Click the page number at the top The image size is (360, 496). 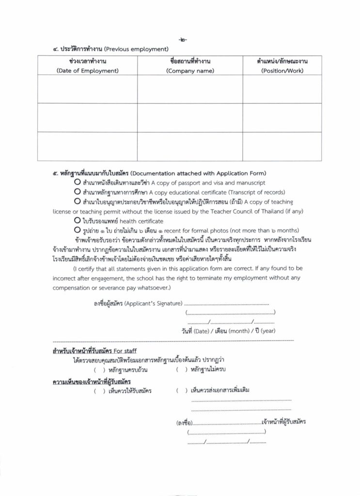pyautogui.click(x=182, y=40)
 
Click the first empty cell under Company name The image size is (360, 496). pyautogui.click(x=190, y=89)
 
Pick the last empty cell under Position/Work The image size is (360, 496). pyautogui.click(x=282, y=146)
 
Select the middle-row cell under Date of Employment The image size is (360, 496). pyautogui.click(x=88, y=118)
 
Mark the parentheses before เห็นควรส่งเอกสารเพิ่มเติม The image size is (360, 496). pyautogui.click(x=182, y=390)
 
